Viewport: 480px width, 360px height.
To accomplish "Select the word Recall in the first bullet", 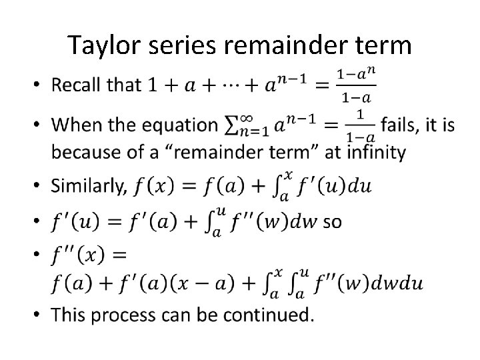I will coord(79,85).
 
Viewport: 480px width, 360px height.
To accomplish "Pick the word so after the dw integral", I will coord(332,221).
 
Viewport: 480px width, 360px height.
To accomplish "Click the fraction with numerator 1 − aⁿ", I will coord(357,86).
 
